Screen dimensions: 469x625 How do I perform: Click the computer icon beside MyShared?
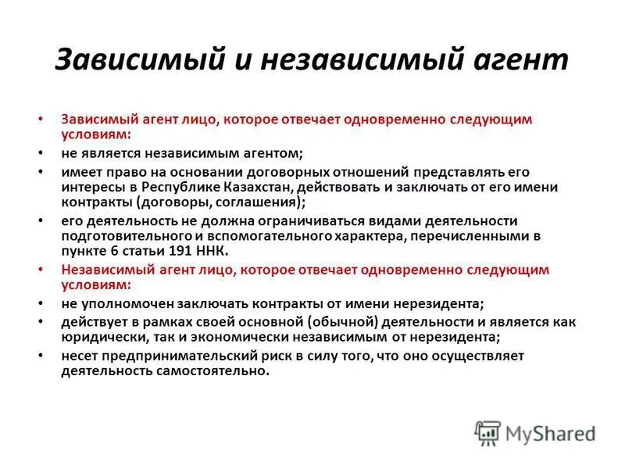pyautogui.click(x=487, y=432)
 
